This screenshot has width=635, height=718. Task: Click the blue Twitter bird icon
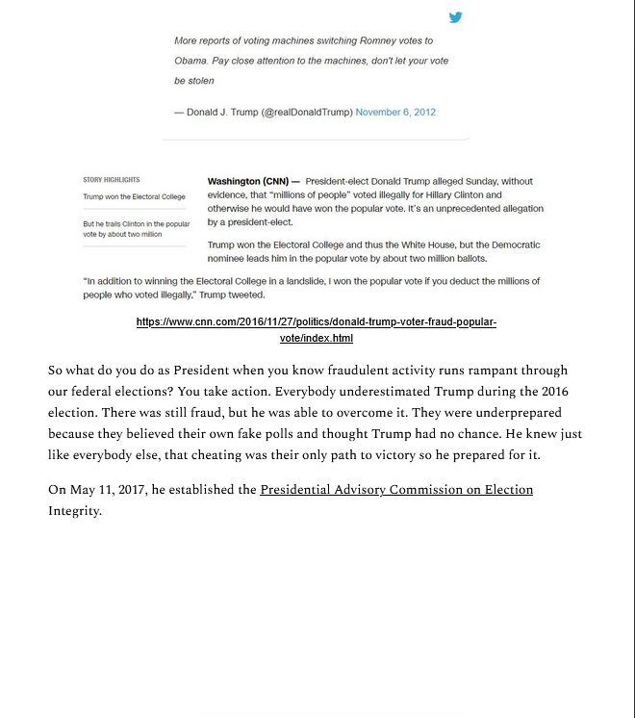coord(456,16)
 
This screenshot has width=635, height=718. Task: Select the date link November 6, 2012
coord(395,113)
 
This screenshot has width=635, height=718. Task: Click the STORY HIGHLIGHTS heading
coord(112,180)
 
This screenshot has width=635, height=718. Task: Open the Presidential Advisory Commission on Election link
coord(396,490)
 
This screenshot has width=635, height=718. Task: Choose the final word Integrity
coord(75,511)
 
